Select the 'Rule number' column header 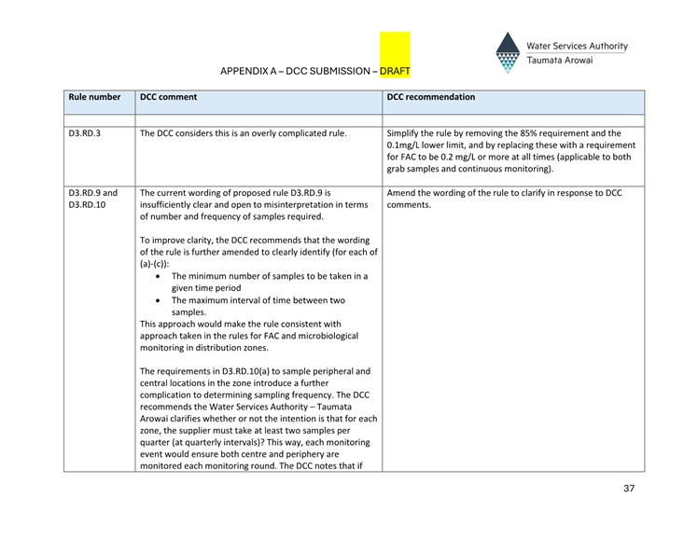[x=94, y=97]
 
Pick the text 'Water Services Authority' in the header [x=577, y=46]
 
